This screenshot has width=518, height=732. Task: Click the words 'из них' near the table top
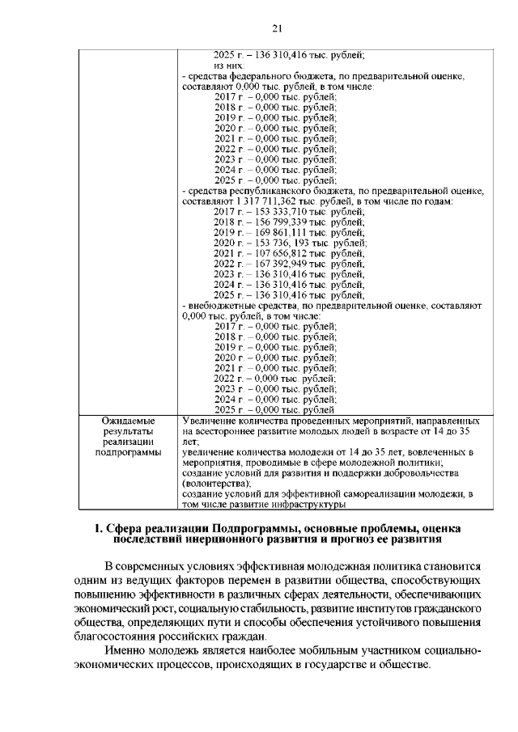[228, 65]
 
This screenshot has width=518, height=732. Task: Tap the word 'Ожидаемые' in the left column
[128, 421]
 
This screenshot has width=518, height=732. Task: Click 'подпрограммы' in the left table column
[128, 454]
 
